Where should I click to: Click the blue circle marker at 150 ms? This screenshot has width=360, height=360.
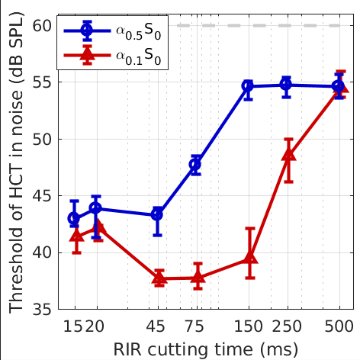[248, 86]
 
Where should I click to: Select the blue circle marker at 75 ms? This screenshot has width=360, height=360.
[195, 164]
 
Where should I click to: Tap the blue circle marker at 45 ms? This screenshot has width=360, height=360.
[157, 214]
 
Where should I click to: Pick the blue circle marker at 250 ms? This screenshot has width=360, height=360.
[286, 85]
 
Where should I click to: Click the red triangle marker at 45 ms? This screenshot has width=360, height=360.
[159, 278]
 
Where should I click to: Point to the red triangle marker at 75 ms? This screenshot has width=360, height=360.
[198, 278]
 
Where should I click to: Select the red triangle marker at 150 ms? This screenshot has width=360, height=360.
[250, 259]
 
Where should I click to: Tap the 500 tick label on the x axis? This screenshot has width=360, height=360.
[339, 325]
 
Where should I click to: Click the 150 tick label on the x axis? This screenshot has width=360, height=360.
[248, 325]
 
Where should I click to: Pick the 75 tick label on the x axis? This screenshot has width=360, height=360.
[195, 325]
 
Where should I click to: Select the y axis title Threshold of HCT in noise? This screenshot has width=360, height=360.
[15, 168]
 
